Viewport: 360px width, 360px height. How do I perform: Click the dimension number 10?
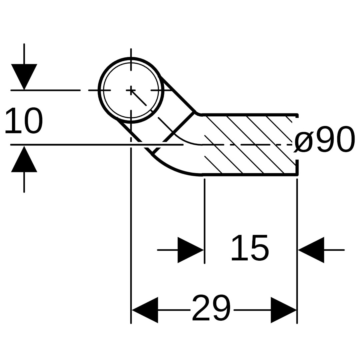(24, 121)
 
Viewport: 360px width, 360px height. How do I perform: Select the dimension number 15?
(250, 248)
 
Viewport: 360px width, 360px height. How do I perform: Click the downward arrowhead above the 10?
(24, 77)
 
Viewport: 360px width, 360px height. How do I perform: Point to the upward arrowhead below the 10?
(24, 159)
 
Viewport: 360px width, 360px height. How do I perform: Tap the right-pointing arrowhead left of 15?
(191, 250)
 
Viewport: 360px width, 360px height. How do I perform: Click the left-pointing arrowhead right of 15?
(311, 250)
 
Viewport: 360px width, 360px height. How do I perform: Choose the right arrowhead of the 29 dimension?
(284, 310)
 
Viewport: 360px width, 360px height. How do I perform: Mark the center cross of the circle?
(131, 90)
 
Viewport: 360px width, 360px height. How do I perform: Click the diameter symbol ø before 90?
(303, 142)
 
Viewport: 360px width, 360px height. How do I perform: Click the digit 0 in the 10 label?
(33, 121)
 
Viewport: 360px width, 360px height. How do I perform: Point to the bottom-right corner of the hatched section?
(298, 175)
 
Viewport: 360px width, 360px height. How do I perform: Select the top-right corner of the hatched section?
(298, 114)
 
